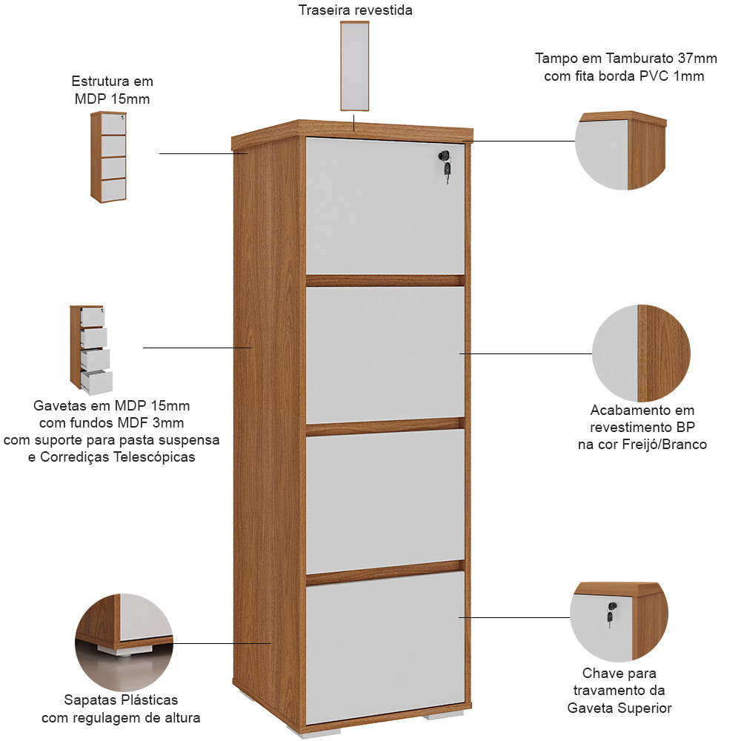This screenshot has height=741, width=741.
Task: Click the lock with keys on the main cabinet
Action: pos(445,165)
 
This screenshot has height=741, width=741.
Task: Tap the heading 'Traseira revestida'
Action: pos(356,10)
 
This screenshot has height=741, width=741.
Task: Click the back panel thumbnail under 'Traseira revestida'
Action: pos(354,66)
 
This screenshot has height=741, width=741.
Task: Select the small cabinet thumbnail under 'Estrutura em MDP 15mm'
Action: pos(109,157)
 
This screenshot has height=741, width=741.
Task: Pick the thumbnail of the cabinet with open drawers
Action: pos(91,350)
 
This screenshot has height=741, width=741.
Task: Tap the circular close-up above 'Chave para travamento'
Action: pos(619,622)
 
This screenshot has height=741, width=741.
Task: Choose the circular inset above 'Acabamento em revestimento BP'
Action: pos(641,353)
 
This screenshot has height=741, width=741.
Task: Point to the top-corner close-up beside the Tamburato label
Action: pos(621,150)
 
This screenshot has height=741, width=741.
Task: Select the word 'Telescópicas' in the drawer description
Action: pos(155,457)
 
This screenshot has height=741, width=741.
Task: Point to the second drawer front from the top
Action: pos(385,355)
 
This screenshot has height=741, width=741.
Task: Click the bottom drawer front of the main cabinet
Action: pos(385,648)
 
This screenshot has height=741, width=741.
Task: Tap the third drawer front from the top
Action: pos(385,502)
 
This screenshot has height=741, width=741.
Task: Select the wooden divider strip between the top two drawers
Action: pos(384,281)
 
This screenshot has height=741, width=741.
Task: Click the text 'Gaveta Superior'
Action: pos(619,708)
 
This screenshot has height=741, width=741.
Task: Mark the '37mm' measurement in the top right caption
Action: pos(697,58)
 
